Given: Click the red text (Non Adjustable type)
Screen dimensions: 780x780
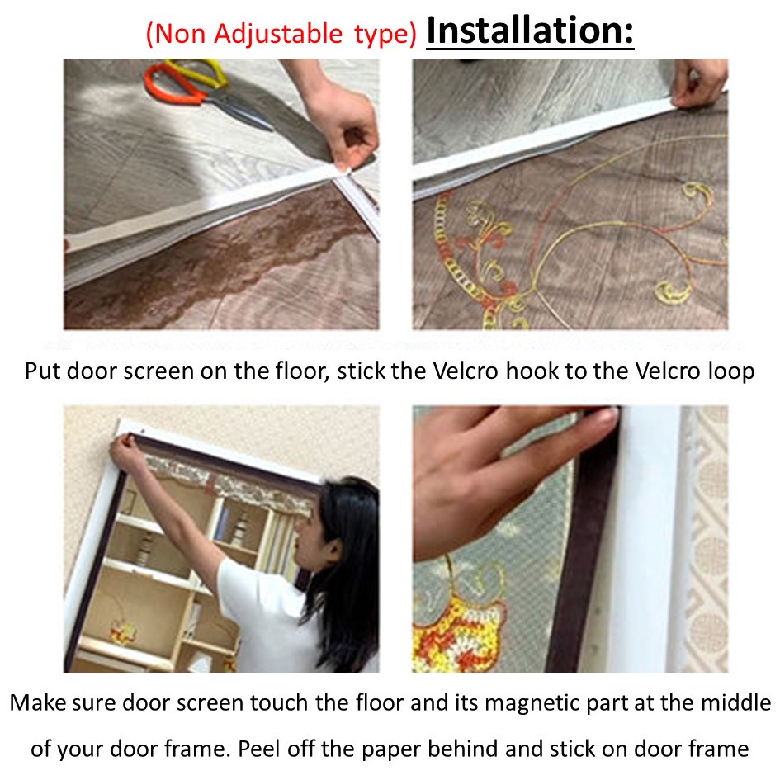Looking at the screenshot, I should (281, 35).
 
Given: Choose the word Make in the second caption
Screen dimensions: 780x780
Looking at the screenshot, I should (36, 704).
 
